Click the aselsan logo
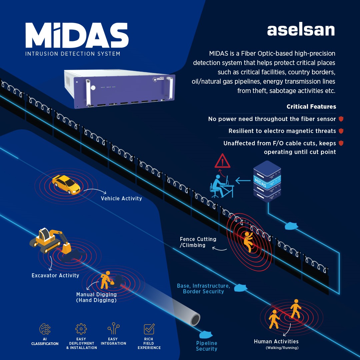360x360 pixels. click(x=301, y=30)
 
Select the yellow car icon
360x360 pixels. click(x=66, y=184)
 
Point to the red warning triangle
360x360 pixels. click(x=222, y=161)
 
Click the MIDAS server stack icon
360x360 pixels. click(x=267, y=181)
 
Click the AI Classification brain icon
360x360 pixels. click(x=45, y=329)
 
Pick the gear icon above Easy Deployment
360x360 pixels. click(x=81, y=329)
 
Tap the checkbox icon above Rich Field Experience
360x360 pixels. click(x=149, y=329)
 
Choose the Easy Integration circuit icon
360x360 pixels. click(x=113, y=328)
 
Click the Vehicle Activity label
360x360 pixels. click(x=121, y=198)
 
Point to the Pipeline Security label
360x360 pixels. click(x=207, y=346)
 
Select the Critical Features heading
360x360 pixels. click(x=311, y=107)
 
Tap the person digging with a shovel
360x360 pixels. click(x=107, y=280)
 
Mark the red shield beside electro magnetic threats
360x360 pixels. click(x=341, y=131)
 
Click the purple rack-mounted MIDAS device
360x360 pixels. click(x=119, y=89)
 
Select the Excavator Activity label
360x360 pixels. click(x=55, y=275)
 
